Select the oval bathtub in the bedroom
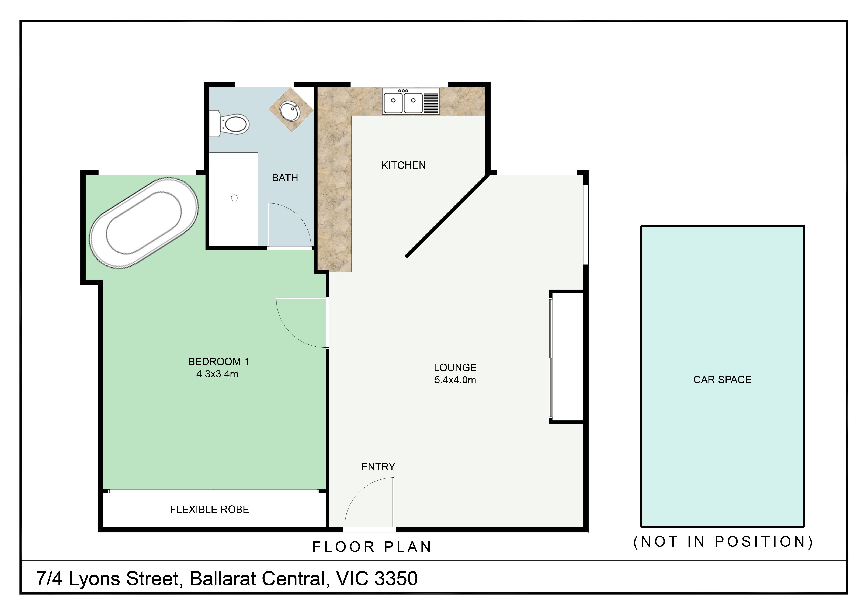144,223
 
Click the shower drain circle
234,198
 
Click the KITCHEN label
403,165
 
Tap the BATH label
285,178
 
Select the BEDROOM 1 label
218,362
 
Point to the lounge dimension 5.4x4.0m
455,380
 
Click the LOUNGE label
455,367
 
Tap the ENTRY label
378,467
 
